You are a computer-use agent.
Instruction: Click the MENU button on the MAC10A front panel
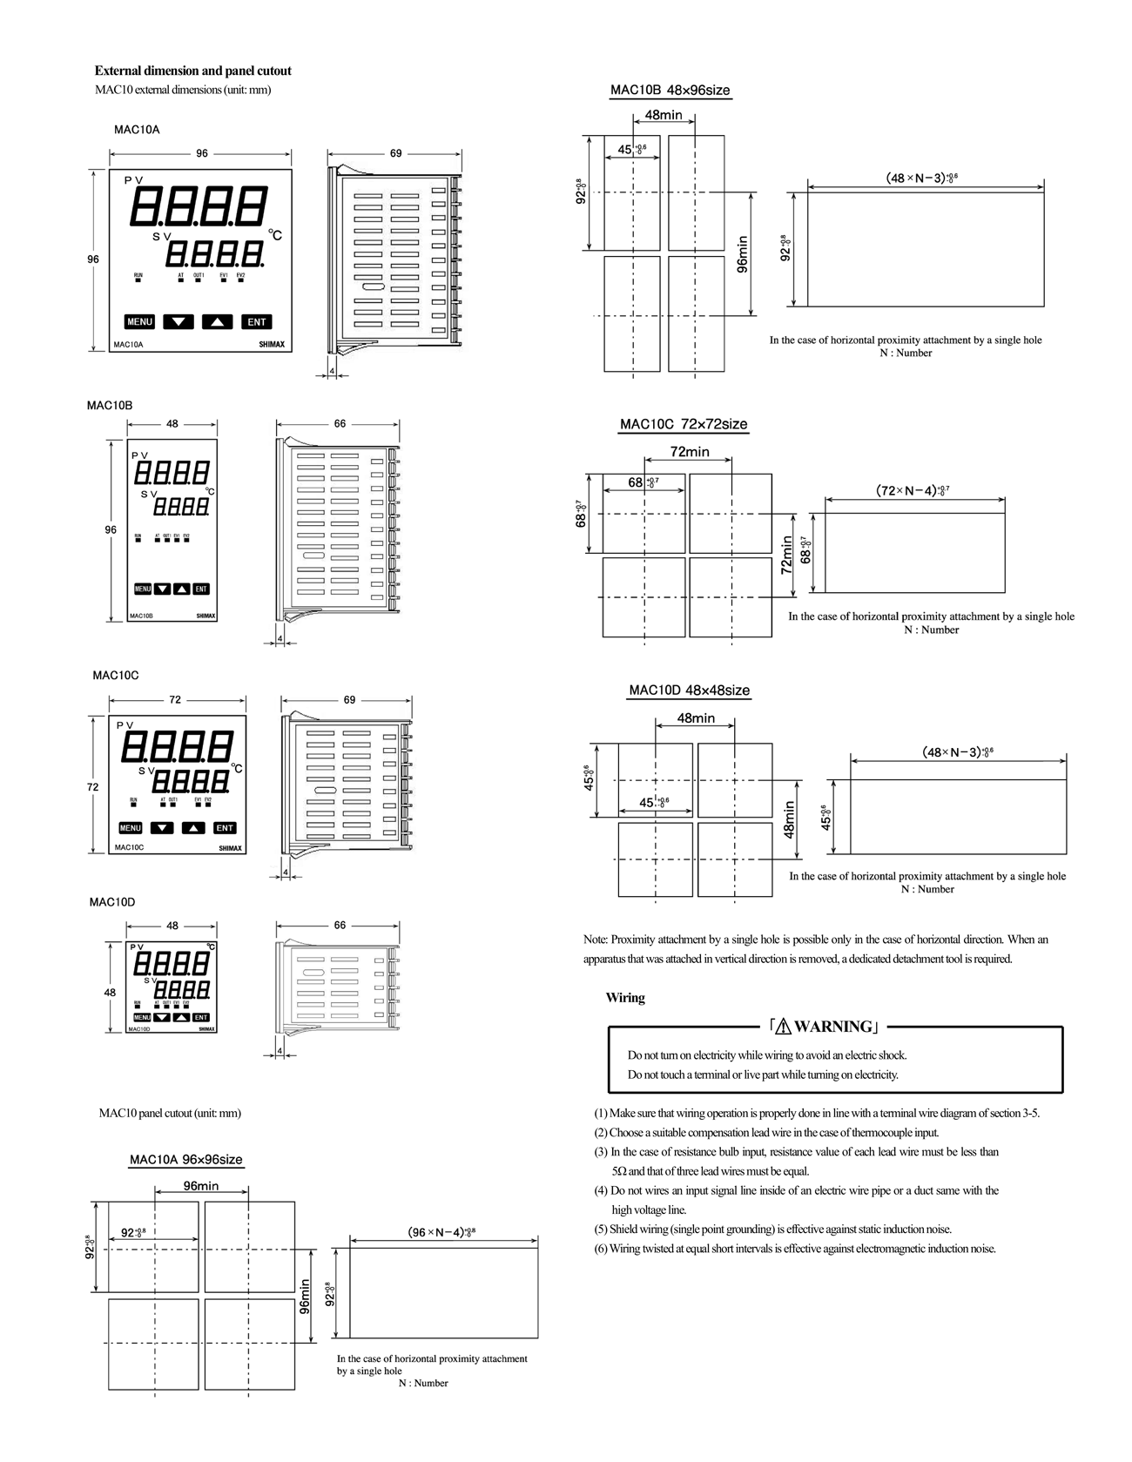pyautogui.click(x=139, y=322)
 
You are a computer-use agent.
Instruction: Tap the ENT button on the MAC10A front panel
pyautogui.click(x=256, y=322)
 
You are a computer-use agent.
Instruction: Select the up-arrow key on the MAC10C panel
pyautogui.click(x=194, y=828)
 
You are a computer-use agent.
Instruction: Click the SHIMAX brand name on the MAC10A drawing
pyautogui.click(x=271, y=345)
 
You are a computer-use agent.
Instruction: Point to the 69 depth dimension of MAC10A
pyautogui.click(x=395, y=153)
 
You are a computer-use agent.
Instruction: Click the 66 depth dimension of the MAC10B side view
pyautogui.click(x=340, y=424)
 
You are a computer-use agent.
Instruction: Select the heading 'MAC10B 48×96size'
pyautogui.click(x=670, y=90)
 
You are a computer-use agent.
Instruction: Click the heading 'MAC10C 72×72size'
pyautogui.click(x=684, y=424)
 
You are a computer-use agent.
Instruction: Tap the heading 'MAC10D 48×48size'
pyautogui.click(x=689, y=691)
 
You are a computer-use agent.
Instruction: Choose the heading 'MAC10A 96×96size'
pyautogui.click(x=186, y=1160)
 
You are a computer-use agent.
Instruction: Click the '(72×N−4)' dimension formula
pyautogui.click(x=912, y=490)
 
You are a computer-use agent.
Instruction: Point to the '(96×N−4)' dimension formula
pyautogui.click(x=441, y=1232)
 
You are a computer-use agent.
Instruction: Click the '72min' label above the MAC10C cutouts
pyautogui.click(x=690, y=452)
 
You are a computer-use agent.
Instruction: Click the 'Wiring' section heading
pyautogui.click(x=625, y=998)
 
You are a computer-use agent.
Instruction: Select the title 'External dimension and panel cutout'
pyautogui.click(x=193, y=71)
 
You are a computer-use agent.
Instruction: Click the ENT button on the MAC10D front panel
pyautogui.click(x=201, y=1017)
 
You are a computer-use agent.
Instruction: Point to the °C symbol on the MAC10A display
pyautogui.click(x=275, y=235)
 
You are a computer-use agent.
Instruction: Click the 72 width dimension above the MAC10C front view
pyautogui.click(x=175, y=700)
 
